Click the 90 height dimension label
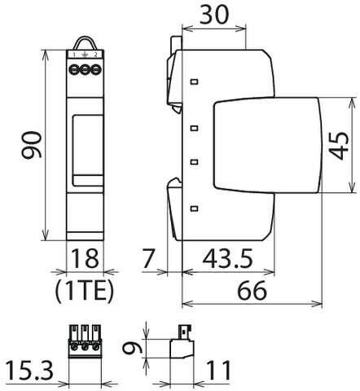[x=32, y=144]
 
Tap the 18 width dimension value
[x=85, y=258]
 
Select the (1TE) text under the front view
[x=85, y=292]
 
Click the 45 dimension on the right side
[x=340, y=146]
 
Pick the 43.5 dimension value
[x=228, y=258]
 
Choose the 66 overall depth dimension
[x=252, y=290]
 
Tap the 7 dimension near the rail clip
[x=148, y=258]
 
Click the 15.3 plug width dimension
[x=29, y=371]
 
